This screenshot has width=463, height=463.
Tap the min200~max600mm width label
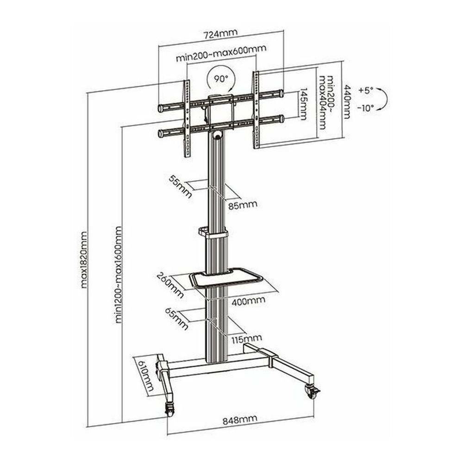tap(221, 58)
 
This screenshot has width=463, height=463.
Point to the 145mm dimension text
tap(303, 104)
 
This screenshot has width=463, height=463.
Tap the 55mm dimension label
tap(180, 187)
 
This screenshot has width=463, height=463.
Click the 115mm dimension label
tap(246, 339)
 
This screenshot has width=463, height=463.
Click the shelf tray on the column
tap(226, 278)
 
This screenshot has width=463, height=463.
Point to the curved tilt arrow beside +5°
tap(383, 99)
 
